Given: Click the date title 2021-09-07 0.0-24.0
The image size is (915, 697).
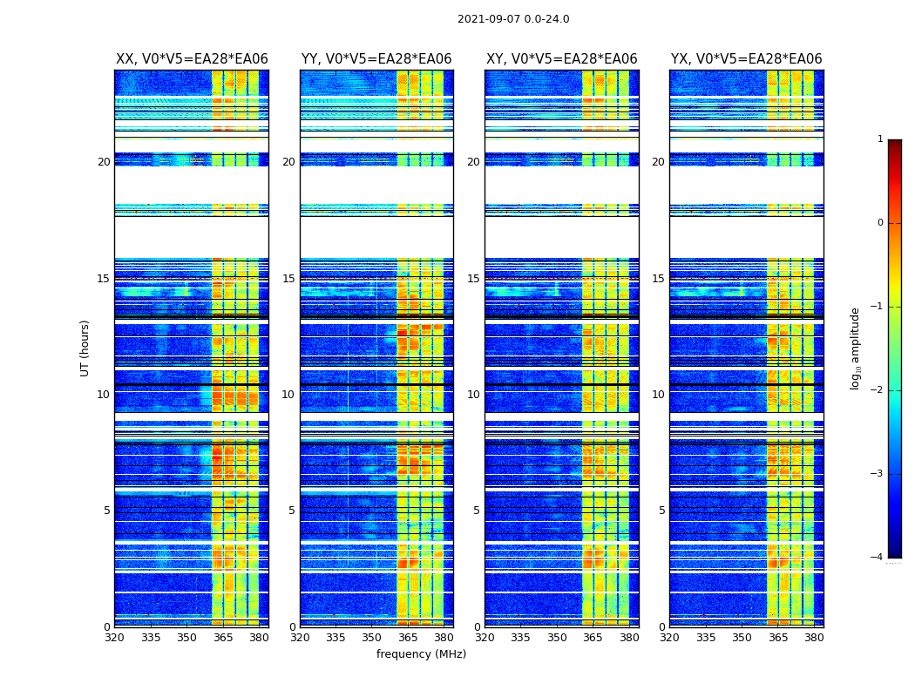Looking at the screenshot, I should coord(513,19).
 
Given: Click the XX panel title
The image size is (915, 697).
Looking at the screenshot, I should coord(192,59).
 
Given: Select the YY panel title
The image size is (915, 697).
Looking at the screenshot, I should coord(376,59).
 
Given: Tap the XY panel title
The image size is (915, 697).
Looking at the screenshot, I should coord(562,59).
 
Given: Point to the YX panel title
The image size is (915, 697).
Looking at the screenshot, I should coord(747,59).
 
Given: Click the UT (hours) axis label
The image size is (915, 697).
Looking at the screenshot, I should coord(85,348).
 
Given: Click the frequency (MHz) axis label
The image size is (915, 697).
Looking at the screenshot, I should coord(421,654).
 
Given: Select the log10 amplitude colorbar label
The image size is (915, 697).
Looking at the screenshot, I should coord(856,348).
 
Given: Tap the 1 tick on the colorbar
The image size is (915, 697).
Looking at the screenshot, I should coord(880,139).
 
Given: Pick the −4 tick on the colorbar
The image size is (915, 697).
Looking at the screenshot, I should coord(878,558).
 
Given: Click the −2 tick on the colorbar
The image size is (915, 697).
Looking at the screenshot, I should coord(878,390).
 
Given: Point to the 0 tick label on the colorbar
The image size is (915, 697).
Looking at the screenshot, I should coord(880,223).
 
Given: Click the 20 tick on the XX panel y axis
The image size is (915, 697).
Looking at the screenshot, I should coord(104,162).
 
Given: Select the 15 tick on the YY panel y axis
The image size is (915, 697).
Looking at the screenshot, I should coord(288,279).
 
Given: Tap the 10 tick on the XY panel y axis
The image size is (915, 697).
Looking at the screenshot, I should coord(473,395).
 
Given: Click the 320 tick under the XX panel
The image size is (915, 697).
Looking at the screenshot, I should coord(115,638).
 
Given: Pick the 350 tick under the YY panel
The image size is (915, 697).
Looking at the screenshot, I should coord(372,638).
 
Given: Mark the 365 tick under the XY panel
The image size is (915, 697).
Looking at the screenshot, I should coord(593,638).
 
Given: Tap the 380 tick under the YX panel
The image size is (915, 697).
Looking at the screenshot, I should coord(814,638).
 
